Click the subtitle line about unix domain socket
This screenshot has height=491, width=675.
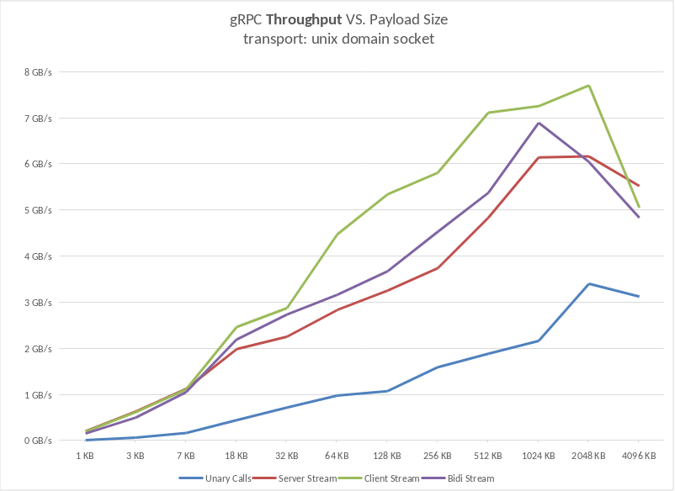(x=337, y=40)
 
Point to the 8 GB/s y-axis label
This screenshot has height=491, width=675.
(x=38, y=72)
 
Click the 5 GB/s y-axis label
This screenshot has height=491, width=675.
(x=38, y=210)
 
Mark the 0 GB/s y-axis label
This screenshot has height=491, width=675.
(x=38, y=441)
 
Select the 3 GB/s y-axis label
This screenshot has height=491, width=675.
(x=38, y=303)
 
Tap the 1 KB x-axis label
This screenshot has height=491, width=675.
(x=85, y=456)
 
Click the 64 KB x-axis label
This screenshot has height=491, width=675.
(x=337, y=456)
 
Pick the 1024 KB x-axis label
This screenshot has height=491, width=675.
(x=538, y=456)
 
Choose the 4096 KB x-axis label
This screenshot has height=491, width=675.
(x=638, y=456)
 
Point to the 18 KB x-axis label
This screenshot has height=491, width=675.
(x=236, y=456)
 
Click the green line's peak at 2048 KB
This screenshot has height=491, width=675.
(x=589, y=86)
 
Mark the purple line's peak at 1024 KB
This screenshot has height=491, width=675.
(x=539, y=123)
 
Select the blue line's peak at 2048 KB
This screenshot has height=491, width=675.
(x=589, y=283)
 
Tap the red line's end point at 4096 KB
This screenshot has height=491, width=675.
(x=639, y=186)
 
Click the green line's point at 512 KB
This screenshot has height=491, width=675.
(x=488, y=113)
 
